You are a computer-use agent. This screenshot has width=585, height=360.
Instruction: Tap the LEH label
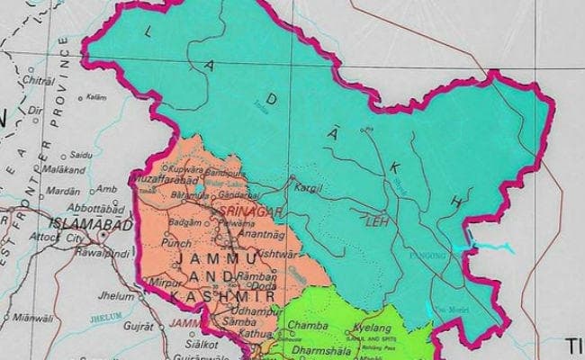[375, 218]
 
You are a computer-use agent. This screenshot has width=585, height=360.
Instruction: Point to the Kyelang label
[373, 330]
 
